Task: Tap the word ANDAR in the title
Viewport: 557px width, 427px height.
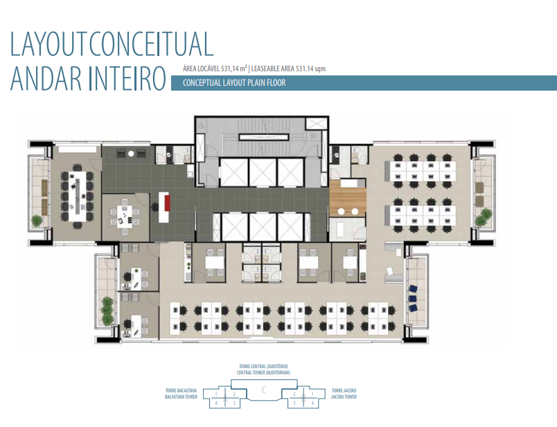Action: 46,78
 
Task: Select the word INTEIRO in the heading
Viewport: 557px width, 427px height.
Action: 127,78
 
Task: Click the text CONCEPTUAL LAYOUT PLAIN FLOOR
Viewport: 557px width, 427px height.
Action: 234,83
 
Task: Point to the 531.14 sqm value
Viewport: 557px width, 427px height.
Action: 310,69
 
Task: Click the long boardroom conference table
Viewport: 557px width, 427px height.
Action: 77,196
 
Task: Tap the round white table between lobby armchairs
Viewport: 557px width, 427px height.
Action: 131,154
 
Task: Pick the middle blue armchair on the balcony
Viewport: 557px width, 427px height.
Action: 412,298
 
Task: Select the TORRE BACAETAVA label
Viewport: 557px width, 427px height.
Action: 182,390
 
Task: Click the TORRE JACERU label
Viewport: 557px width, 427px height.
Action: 344,390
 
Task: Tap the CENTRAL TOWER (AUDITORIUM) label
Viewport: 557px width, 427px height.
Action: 263,373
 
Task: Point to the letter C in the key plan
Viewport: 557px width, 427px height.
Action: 263,390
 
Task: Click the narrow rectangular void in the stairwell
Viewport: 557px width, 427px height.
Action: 264,137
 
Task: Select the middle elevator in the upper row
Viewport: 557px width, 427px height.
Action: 263,172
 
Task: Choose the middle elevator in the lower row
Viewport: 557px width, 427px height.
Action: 263,227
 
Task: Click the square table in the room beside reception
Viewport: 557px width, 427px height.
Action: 125,217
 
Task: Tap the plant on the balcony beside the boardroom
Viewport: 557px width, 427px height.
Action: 37,221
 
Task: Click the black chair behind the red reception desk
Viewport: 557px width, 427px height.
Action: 154,206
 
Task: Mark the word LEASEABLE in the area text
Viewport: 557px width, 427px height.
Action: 265,69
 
